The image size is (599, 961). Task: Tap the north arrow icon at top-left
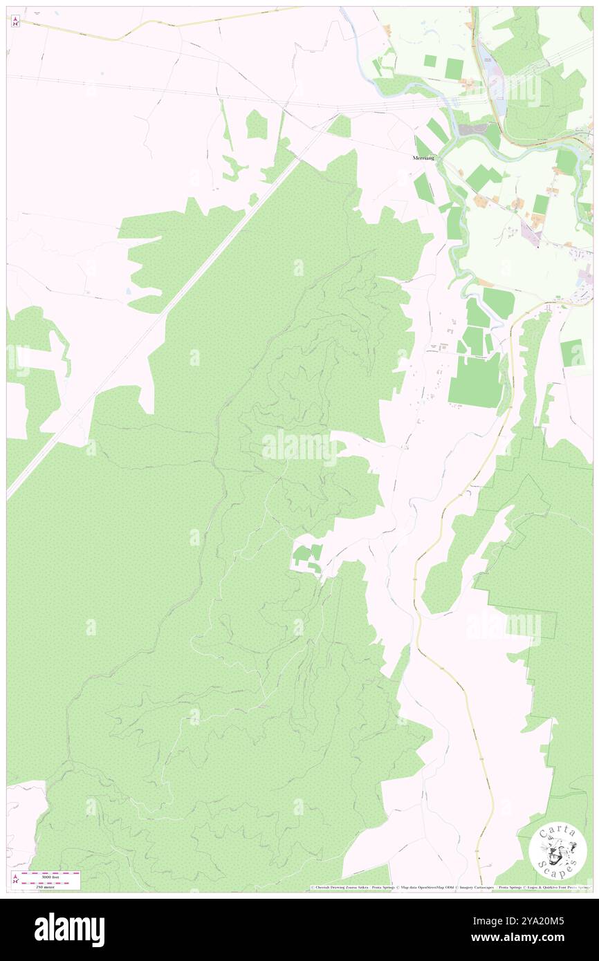click(x=15, y=22)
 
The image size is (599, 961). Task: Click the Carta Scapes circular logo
click(x=557, y=852)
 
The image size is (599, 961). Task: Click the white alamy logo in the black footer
click(x=69, y=929)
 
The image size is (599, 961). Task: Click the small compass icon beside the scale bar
click(x=15, y=879)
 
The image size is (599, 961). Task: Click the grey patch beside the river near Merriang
click(x=473, y=129)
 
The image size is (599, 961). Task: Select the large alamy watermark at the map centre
click(x=299, y=448)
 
